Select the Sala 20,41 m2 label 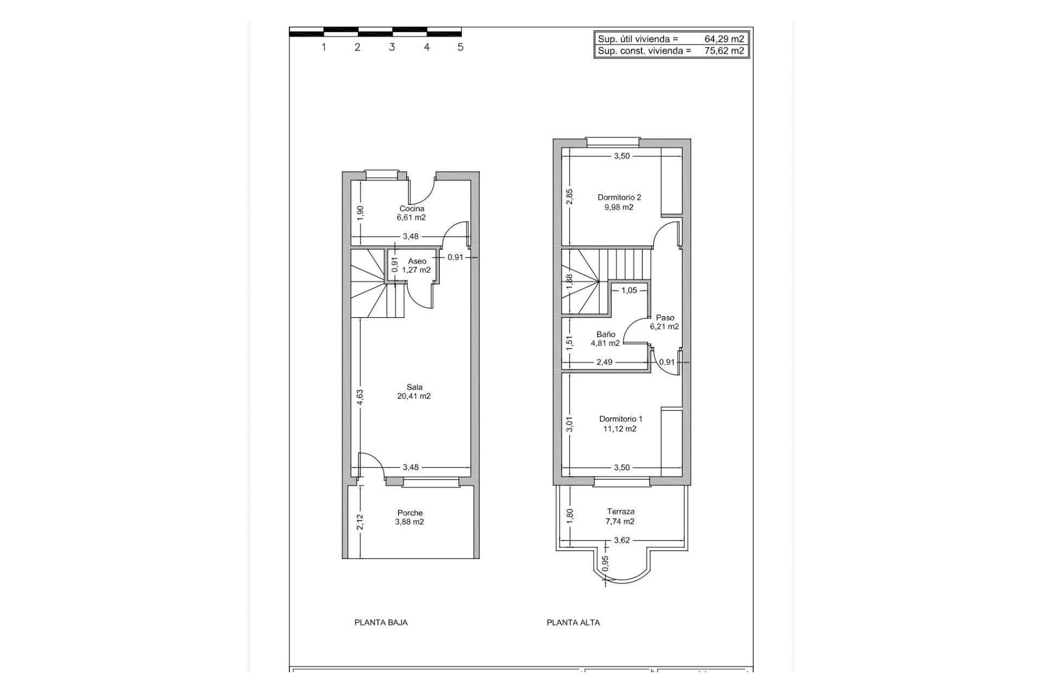coord(414,391)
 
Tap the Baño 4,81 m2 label coord(605,339)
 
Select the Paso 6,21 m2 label coord(665,322)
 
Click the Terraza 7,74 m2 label coord(620,516)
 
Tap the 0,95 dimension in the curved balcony coord(606,563)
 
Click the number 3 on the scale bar coord(392,47)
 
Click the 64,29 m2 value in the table coord(724,39)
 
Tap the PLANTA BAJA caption coord(381,622)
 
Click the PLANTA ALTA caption coord(573,622)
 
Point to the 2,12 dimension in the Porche coord(360,521)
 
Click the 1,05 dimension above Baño coord(629,290)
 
